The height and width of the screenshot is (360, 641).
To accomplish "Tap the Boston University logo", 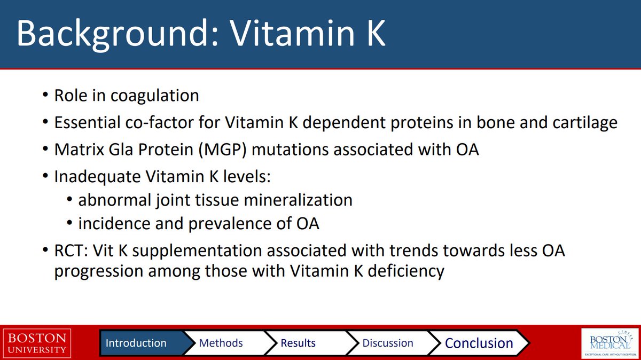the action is (37, 343).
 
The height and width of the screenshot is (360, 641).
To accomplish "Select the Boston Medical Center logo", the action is (610, 343).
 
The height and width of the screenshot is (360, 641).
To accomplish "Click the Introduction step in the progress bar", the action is (140, 343).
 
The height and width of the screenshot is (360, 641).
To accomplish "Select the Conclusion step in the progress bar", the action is (479, 343).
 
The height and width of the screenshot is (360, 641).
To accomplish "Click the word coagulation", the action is (155, 96).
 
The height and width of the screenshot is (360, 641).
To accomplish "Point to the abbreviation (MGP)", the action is (222, 150).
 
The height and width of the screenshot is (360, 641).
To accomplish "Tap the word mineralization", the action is (298, 200).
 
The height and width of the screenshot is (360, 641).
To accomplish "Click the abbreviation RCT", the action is (71, 251).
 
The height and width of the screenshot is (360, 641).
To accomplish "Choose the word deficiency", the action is (406, 271).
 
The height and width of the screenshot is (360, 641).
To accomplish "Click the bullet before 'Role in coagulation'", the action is (45, 95).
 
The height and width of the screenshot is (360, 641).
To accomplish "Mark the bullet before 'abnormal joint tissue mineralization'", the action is (69, 199).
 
